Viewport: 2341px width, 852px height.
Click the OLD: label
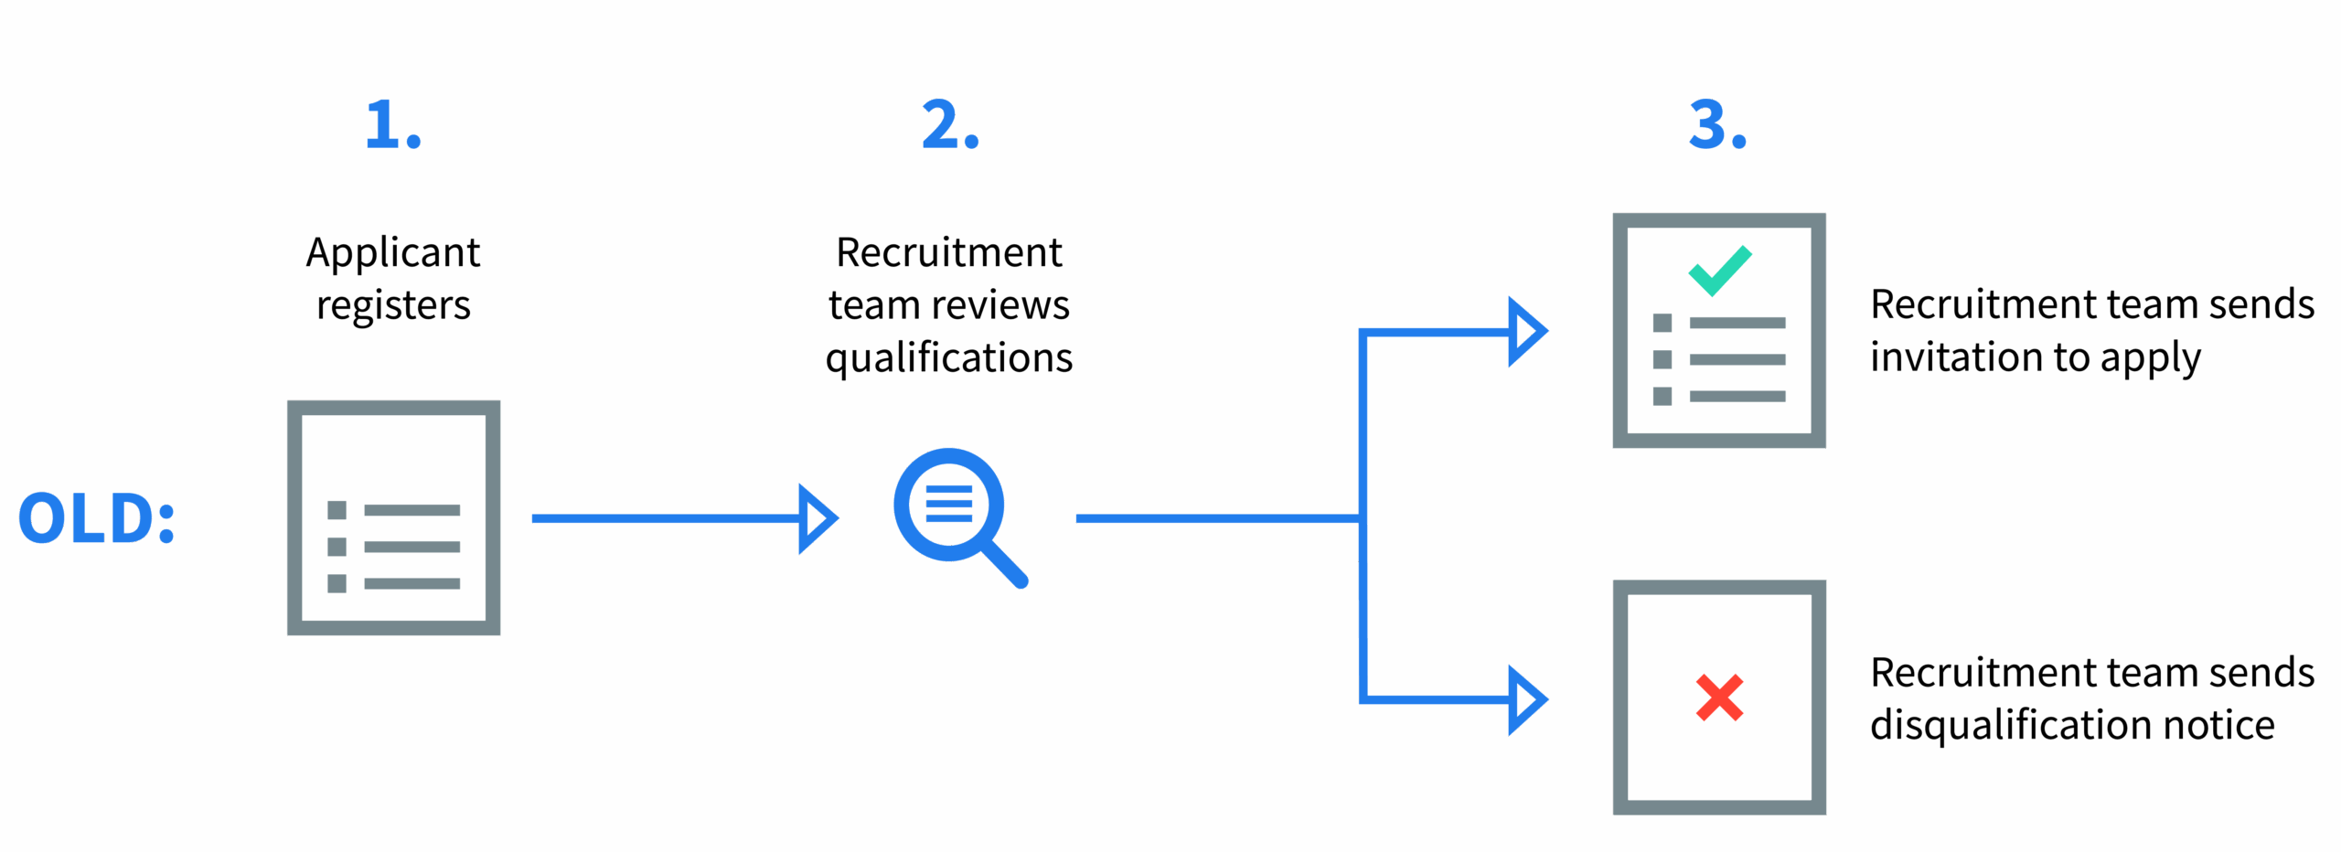tap(96, 518)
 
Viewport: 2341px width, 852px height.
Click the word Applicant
tap(392, 253)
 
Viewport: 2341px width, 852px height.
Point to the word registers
tap(393, 305)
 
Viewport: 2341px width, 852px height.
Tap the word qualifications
tap(948, 357)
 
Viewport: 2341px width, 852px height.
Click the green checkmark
tap(1719, 271)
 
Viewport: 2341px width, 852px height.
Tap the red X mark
tap(1719, 698)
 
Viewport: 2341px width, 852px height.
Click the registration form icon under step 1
tap(393, 518)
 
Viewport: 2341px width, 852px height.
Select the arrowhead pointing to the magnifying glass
tap(817, 518)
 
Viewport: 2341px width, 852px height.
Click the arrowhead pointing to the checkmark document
tap(1526, 331)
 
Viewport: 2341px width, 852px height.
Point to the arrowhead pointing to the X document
tap(1526, 699)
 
